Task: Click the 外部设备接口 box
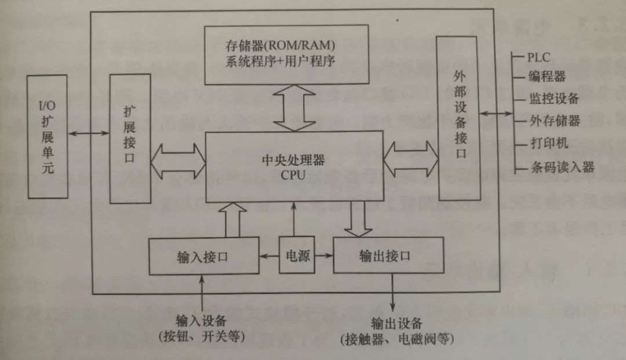tap(461, 118)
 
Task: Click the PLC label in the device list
tap(538, 57)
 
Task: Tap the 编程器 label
tap(547, 77)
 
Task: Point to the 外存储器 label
tap(554, 121)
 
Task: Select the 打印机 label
tap(548, 144)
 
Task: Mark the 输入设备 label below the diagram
tap(201, 321)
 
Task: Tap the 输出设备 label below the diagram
tap(397, 323)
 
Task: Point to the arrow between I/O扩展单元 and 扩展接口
tap(88, 134)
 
